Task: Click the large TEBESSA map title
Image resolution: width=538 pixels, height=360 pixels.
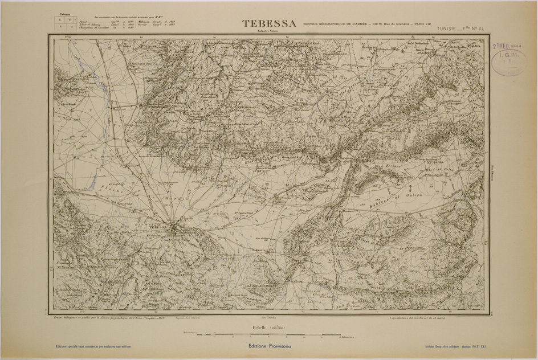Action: point(269,23)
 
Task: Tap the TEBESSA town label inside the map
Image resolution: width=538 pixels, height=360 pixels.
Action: point(161,226)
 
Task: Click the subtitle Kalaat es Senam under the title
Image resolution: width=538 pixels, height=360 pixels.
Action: point(266,30)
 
